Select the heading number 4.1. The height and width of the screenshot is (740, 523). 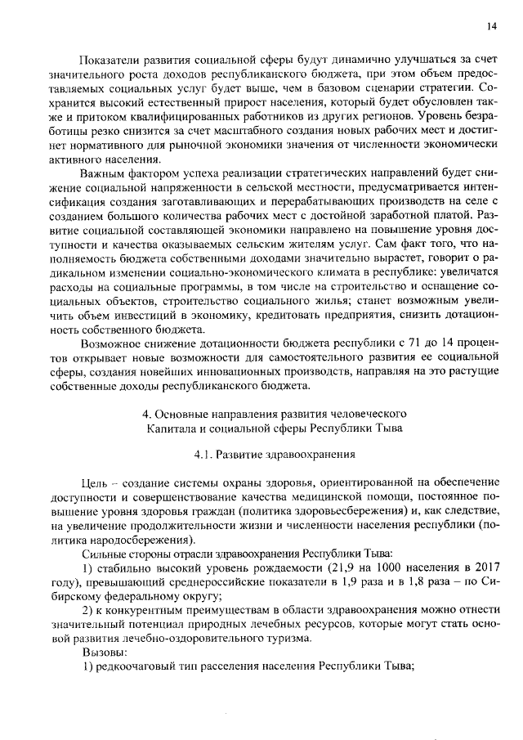click(204, 454)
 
